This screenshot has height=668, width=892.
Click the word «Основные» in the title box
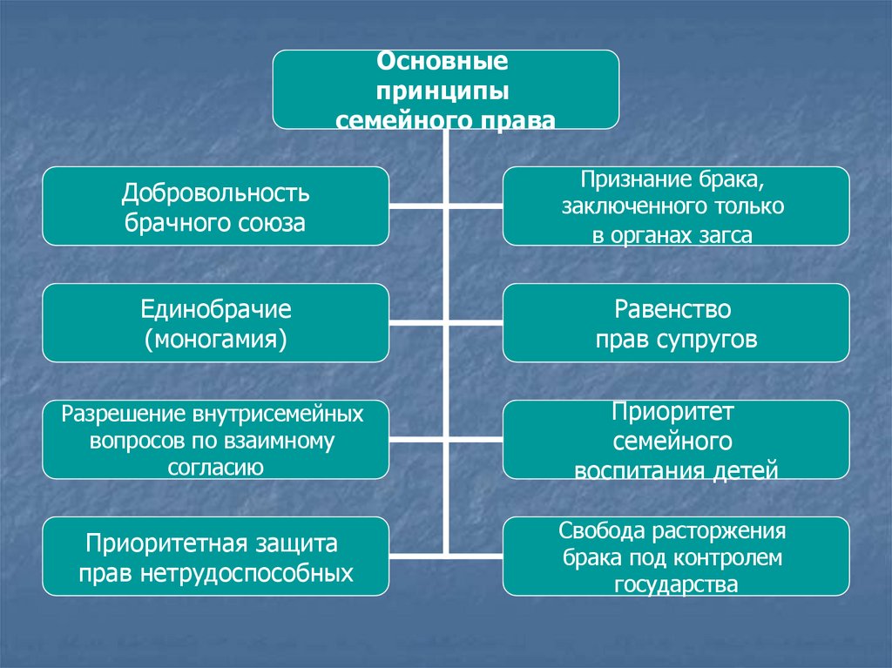point(442,64)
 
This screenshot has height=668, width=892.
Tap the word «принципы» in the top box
point(443,91)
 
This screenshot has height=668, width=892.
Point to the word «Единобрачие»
point(216,309)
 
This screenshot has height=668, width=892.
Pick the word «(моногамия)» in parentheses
point(216,338)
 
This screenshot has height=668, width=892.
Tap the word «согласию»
point(215,468)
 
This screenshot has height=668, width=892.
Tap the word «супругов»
point(713,339)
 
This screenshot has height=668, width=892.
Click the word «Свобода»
point(601,530)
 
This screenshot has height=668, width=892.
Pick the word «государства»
point(675,584)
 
